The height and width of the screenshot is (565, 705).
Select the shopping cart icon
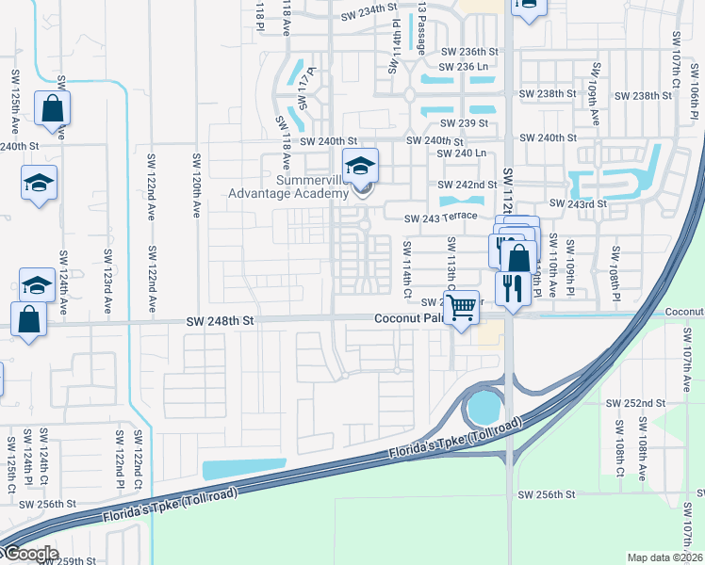click(x=460, y=306)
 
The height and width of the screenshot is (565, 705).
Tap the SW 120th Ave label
click(x=197, y=177)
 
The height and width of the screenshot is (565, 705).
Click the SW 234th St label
click(x=366, y=8)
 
